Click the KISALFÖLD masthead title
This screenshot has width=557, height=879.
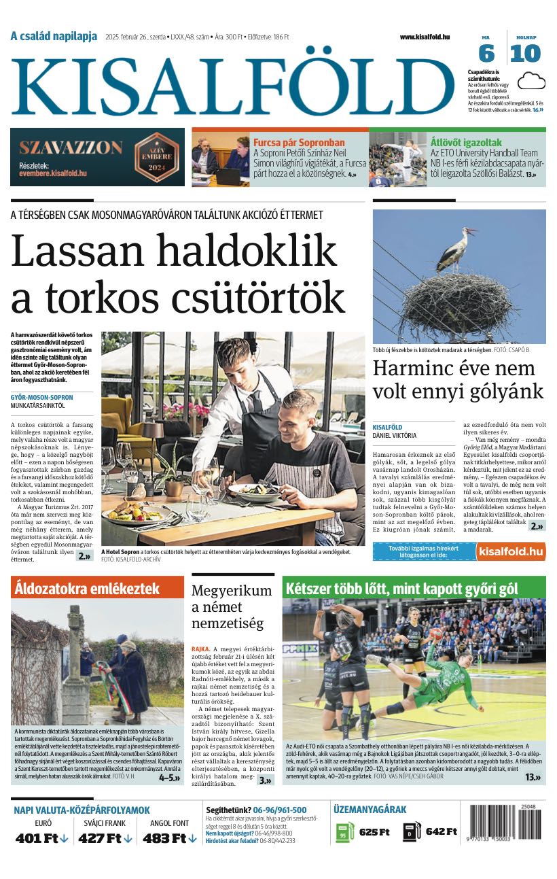(232, 86)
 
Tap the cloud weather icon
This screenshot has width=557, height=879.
(531, 82)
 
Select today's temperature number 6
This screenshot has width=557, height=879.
(486, 54)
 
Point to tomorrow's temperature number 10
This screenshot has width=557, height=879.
(526, 54)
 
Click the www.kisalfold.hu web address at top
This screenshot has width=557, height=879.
(425, 37)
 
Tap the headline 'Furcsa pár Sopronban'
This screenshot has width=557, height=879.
(299, 143)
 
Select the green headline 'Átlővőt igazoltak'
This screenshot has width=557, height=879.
(466, 143)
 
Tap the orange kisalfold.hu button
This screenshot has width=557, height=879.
(511, 551)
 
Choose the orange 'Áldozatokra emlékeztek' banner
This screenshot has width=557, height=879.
(97, 588)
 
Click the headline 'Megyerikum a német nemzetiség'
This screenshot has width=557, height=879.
(231, 607)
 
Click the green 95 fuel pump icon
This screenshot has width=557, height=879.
(345, 832)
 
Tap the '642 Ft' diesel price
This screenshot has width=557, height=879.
(441, 831)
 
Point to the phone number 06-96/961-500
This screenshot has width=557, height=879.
(280, 810)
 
